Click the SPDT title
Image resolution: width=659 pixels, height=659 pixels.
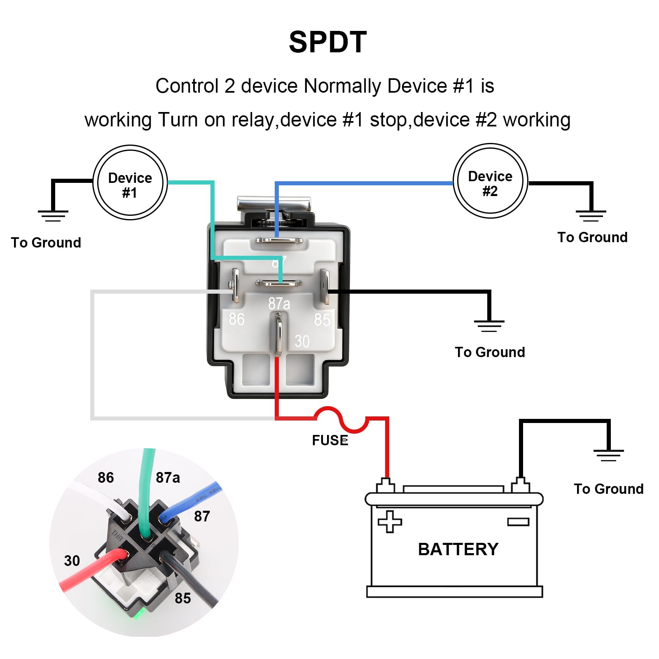[x=328, y=42]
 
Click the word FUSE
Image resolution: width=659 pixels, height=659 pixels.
[x=330, y=440]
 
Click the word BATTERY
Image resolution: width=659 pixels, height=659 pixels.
[x=458, y=549]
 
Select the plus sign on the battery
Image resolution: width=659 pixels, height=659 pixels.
[x=390, y=521]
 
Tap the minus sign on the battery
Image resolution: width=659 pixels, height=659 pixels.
[x=518, y=522]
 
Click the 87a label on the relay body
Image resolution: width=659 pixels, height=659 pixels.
[x=279, y=304]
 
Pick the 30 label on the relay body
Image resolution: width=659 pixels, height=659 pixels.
[x=302, y=341]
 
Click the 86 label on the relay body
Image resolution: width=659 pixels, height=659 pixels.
[x=236, y=319]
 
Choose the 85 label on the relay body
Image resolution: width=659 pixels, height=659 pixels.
[x=322, y=320]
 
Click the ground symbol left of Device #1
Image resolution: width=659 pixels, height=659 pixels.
[x=53, y=216]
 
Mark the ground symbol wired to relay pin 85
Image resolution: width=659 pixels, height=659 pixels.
[x=489, y=326]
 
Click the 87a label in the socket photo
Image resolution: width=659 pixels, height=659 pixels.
[x=168, y=478]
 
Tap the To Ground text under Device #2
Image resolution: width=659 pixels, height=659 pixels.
[x=592, y=237]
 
